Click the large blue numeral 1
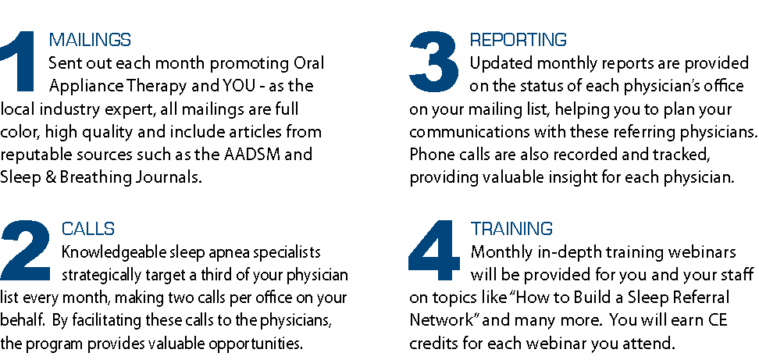20,62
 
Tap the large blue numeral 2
25,250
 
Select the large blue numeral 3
433,62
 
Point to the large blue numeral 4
433,250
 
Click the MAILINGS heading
90,40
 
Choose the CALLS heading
88,228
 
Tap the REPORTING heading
518,40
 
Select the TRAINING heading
511,228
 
